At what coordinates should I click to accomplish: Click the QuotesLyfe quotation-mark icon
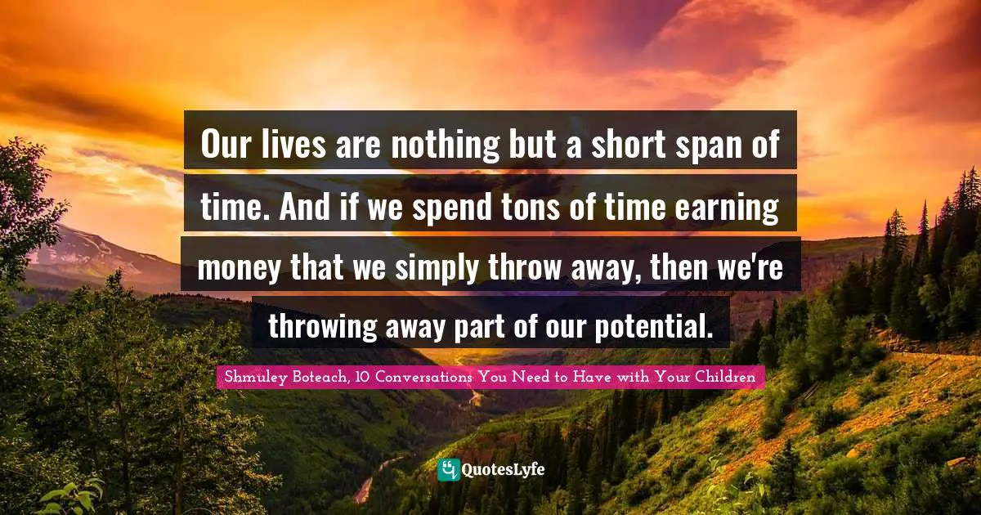pos(449,469)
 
